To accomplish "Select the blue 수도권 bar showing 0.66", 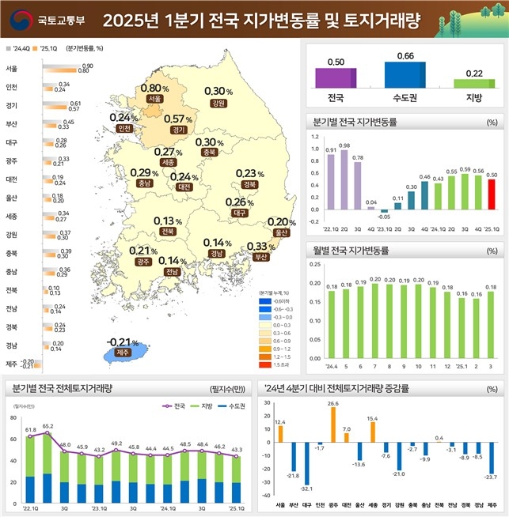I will click(x=405, y=74).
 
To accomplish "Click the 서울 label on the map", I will click(x=154, y=99).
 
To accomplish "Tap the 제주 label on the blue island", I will click(x=121, y=352).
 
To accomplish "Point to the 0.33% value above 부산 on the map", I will click(x=261, y=246).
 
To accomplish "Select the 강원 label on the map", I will click(x=218, y=103).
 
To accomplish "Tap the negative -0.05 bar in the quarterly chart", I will click(x=384, y=211).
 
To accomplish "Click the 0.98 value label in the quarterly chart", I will click(x=344, y=145).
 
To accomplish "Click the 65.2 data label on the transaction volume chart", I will click(x=47, y=426).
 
